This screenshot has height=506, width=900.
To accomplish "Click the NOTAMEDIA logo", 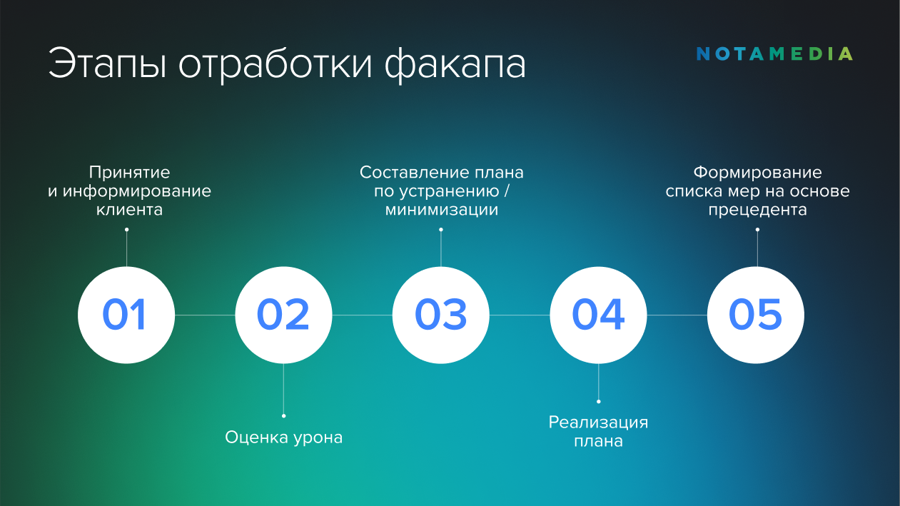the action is pos(774,54).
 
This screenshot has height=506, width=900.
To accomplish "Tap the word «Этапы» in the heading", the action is pos(107,64).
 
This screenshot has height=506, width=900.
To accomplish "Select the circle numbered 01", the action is pos(126,315).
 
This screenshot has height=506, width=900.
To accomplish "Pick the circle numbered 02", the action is pos(283,315).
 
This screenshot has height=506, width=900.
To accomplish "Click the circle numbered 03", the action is pos(441,315).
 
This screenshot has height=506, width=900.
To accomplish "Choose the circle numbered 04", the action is pos(598,315).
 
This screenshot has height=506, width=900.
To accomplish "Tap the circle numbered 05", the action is pos(756,315).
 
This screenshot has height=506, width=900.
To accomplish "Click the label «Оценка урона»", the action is pos(283,437).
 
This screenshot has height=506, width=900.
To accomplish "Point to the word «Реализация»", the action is pos(598,422).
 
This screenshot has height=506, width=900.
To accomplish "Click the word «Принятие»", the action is pos(129,173).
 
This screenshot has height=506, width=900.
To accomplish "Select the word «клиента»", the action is pos(129,210).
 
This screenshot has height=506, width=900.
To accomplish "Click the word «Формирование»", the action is pos(758,173).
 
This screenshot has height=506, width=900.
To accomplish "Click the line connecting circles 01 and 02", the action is pos(205,315).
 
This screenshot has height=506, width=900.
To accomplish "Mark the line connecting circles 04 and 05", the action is pos(677,315).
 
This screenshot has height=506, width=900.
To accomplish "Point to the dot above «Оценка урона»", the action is pos(283,416).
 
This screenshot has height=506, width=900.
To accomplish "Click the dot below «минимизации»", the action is pos(441,230).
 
